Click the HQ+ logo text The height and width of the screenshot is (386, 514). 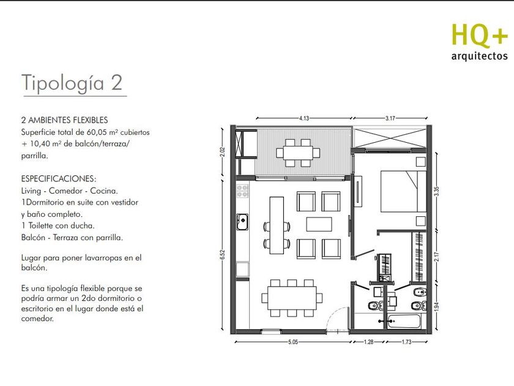click(x=480, y=35)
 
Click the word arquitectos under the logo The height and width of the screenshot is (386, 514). click(x=479, y=56)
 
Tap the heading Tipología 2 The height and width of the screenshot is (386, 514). click(x=72, y=82)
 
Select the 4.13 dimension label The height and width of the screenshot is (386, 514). click(x=304, y=118)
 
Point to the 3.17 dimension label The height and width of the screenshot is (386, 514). click(x=390, y=118)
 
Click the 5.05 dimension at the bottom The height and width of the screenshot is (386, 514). click(x=293, y=342)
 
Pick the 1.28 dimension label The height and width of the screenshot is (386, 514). click(x=369, y=342)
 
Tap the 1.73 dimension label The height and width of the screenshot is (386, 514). click(x=406, y=342)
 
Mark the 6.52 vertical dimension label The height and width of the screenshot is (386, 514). click(x=223, y=255)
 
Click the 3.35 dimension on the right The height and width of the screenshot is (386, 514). click(x=436, y=191)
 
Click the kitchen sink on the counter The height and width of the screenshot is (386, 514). click(x=242, y=222)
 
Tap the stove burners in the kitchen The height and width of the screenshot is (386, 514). click(x=242, y=191)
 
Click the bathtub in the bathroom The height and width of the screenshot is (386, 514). click(x=403, y=322)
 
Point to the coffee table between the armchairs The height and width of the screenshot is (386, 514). click(x=319, y=224)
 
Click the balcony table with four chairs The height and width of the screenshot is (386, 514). click(x=299, y=153)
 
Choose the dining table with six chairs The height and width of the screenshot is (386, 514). click(x=292, y=298)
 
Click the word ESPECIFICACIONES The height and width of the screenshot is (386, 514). click(x=59, y=179)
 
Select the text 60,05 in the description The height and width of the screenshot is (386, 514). click(x=95, y=132)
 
